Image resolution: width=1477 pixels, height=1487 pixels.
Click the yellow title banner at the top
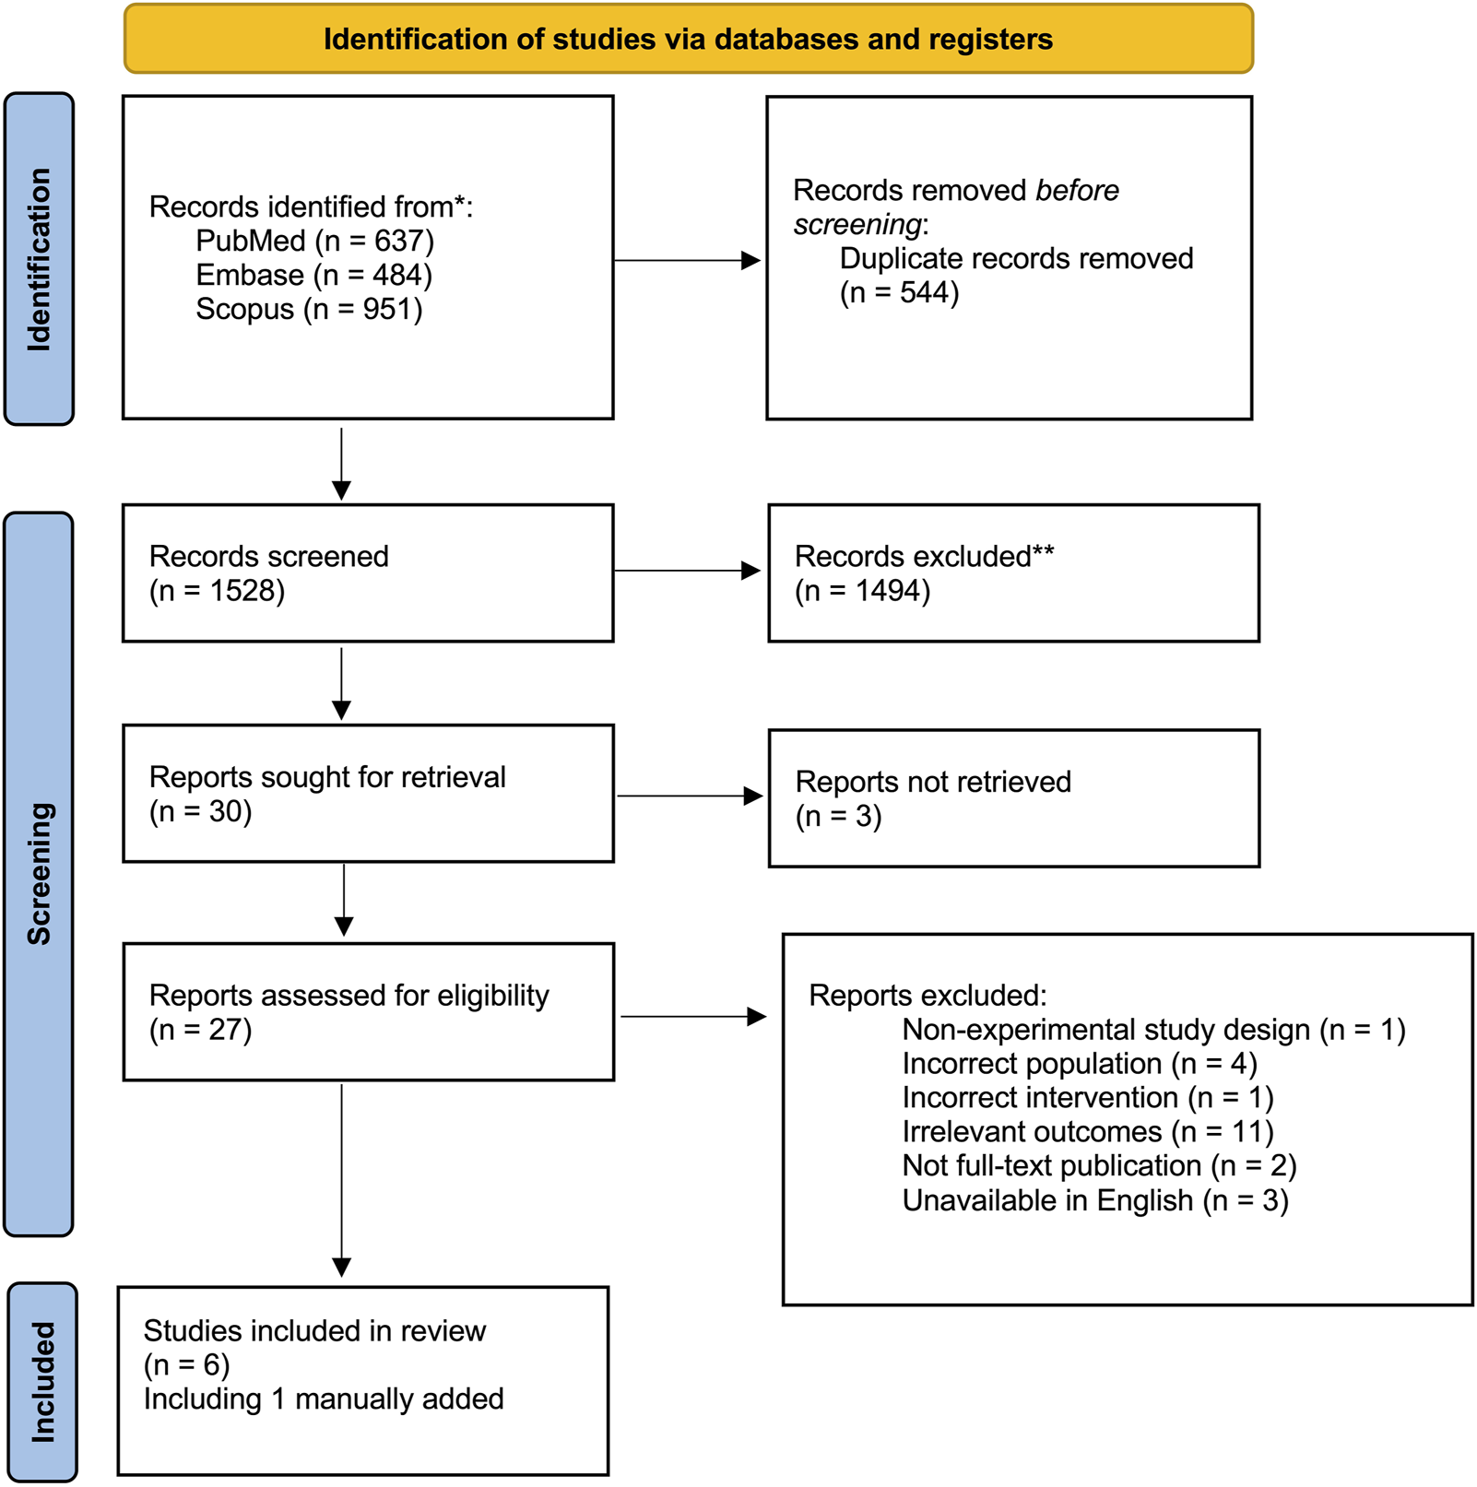pos(688,39)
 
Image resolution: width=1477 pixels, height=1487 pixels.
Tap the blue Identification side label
pos(39,259)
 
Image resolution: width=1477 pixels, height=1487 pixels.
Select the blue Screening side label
pos(39,873)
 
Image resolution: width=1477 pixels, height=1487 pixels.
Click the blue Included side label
pos(42,1381)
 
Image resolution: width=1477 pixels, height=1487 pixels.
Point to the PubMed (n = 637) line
pos(314,241)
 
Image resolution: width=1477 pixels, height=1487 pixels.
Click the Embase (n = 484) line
pos(313,275)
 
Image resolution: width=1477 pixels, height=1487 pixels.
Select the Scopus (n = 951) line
pos(309,309)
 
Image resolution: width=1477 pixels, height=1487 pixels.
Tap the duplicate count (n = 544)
pos(899,292)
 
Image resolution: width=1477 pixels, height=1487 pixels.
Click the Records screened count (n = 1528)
pos(217,590)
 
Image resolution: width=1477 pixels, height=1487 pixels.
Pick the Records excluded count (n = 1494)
pos(862,590)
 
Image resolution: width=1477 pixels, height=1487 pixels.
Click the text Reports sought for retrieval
pos(327,777)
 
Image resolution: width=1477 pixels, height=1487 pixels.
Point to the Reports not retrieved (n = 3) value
pos(838,816)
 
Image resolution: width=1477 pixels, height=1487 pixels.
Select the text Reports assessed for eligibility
pos(349,996)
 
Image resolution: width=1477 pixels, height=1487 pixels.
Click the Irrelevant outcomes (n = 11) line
pos(1087,1131)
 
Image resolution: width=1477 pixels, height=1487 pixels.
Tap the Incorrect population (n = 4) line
pos(1079,1064)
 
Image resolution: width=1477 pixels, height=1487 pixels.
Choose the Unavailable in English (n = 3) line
pos(1094,1200)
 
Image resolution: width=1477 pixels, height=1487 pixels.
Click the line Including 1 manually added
pos(323,1398)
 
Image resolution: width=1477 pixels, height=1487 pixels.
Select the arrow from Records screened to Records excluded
pos(687,571)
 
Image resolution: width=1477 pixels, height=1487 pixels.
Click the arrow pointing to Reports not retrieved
pos(689,796)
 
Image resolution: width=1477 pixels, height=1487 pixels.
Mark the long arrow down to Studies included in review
pos(342,1180)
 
